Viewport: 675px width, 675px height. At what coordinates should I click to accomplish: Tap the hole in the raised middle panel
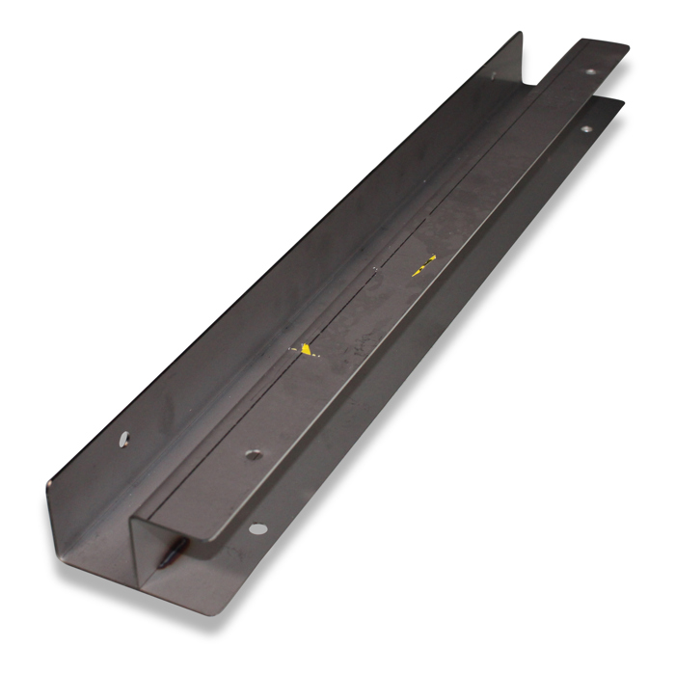(x=252, y=453)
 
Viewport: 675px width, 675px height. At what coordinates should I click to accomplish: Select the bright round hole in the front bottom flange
(x=256, y=527)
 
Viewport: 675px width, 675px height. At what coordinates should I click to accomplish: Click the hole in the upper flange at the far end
(x=591, y=71)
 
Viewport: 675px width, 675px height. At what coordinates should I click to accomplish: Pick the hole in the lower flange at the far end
(x=585, y=129)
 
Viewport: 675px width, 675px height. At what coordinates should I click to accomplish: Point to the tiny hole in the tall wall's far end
(x=494, y=74)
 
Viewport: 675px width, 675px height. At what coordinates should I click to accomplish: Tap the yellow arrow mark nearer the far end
(x=423, y=266)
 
